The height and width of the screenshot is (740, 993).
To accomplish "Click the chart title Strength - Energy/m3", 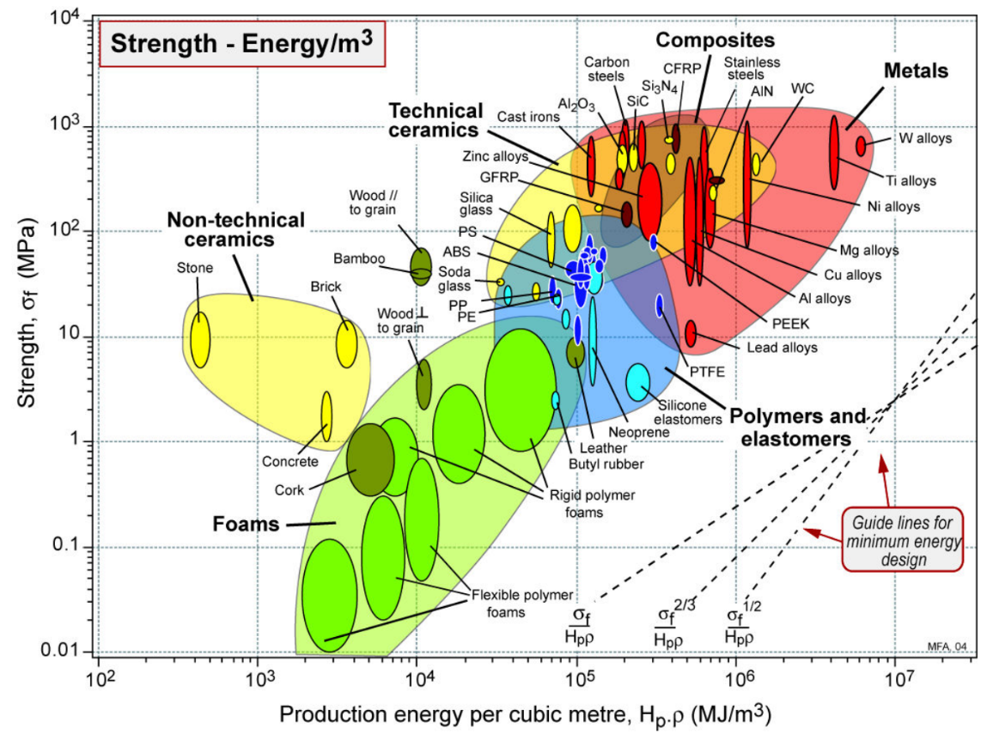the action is pos(241,44).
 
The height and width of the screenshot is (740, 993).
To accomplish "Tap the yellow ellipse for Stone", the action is pos(200,340).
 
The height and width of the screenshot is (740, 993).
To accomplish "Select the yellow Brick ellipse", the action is pos(346,343).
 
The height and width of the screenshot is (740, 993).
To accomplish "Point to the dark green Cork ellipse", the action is pos(370,459).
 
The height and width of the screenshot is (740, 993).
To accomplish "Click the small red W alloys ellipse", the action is pos(861,146).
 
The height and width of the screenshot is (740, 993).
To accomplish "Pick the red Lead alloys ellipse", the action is pos(691,334).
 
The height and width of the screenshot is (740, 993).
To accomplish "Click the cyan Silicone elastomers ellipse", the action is pos(637,382).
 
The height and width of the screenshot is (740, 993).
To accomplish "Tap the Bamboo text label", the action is pos(359,258).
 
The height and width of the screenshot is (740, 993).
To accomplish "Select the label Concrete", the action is pos(290,462).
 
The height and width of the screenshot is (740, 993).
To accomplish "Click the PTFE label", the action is pos(707,372).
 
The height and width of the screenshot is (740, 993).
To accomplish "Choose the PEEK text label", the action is pos(790,324).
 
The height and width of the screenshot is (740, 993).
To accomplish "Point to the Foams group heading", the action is pos(246,524).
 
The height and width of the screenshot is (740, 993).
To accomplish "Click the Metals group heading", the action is pos(916,70).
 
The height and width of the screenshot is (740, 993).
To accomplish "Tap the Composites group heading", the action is pos(715,39).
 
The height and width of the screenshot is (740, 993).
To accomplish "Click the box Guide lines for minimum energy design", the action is pos(903,540).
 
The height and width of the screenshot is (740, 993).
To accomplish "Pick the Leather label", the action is pos(603,447).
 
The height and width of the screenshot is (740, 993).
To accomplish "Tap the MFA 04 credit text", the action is pos(947,646).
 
